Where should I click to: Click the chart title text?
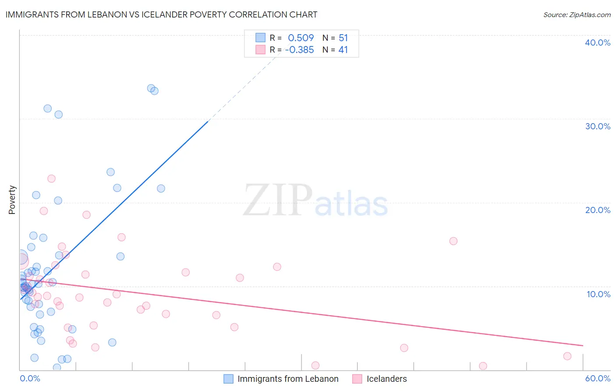161,14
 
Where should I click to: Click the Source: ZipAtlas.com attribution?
577,15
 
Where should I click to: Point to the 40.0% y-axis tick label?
598,43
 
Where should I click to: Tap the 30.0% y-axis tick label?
598,126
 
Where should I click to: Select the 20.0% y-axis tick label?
598,210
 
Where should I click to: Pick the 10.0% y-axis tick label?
598,294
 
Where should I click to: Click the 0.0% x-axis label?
30,378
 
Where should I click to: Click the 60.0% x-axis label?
598,378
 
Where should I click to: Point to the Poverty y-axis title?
12,200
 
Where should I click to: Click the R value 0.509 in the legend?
301,38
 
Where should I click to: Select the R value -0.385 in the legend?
299,50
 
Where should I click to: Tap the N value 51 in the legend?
343,38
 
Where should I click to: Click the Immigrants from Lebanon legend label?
288,379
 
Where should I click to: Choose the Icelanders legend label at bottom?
386,379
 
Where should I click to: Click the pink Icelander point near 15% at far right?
453,241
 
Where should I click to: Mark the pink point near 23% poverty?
51,178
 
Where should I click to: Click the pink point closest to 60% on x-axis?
567,356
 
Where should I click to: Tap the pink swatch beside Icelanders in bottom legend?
357,379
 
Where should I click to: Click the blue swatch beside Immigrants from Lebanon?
228,379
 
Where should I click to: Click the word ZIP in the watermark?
278,200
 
